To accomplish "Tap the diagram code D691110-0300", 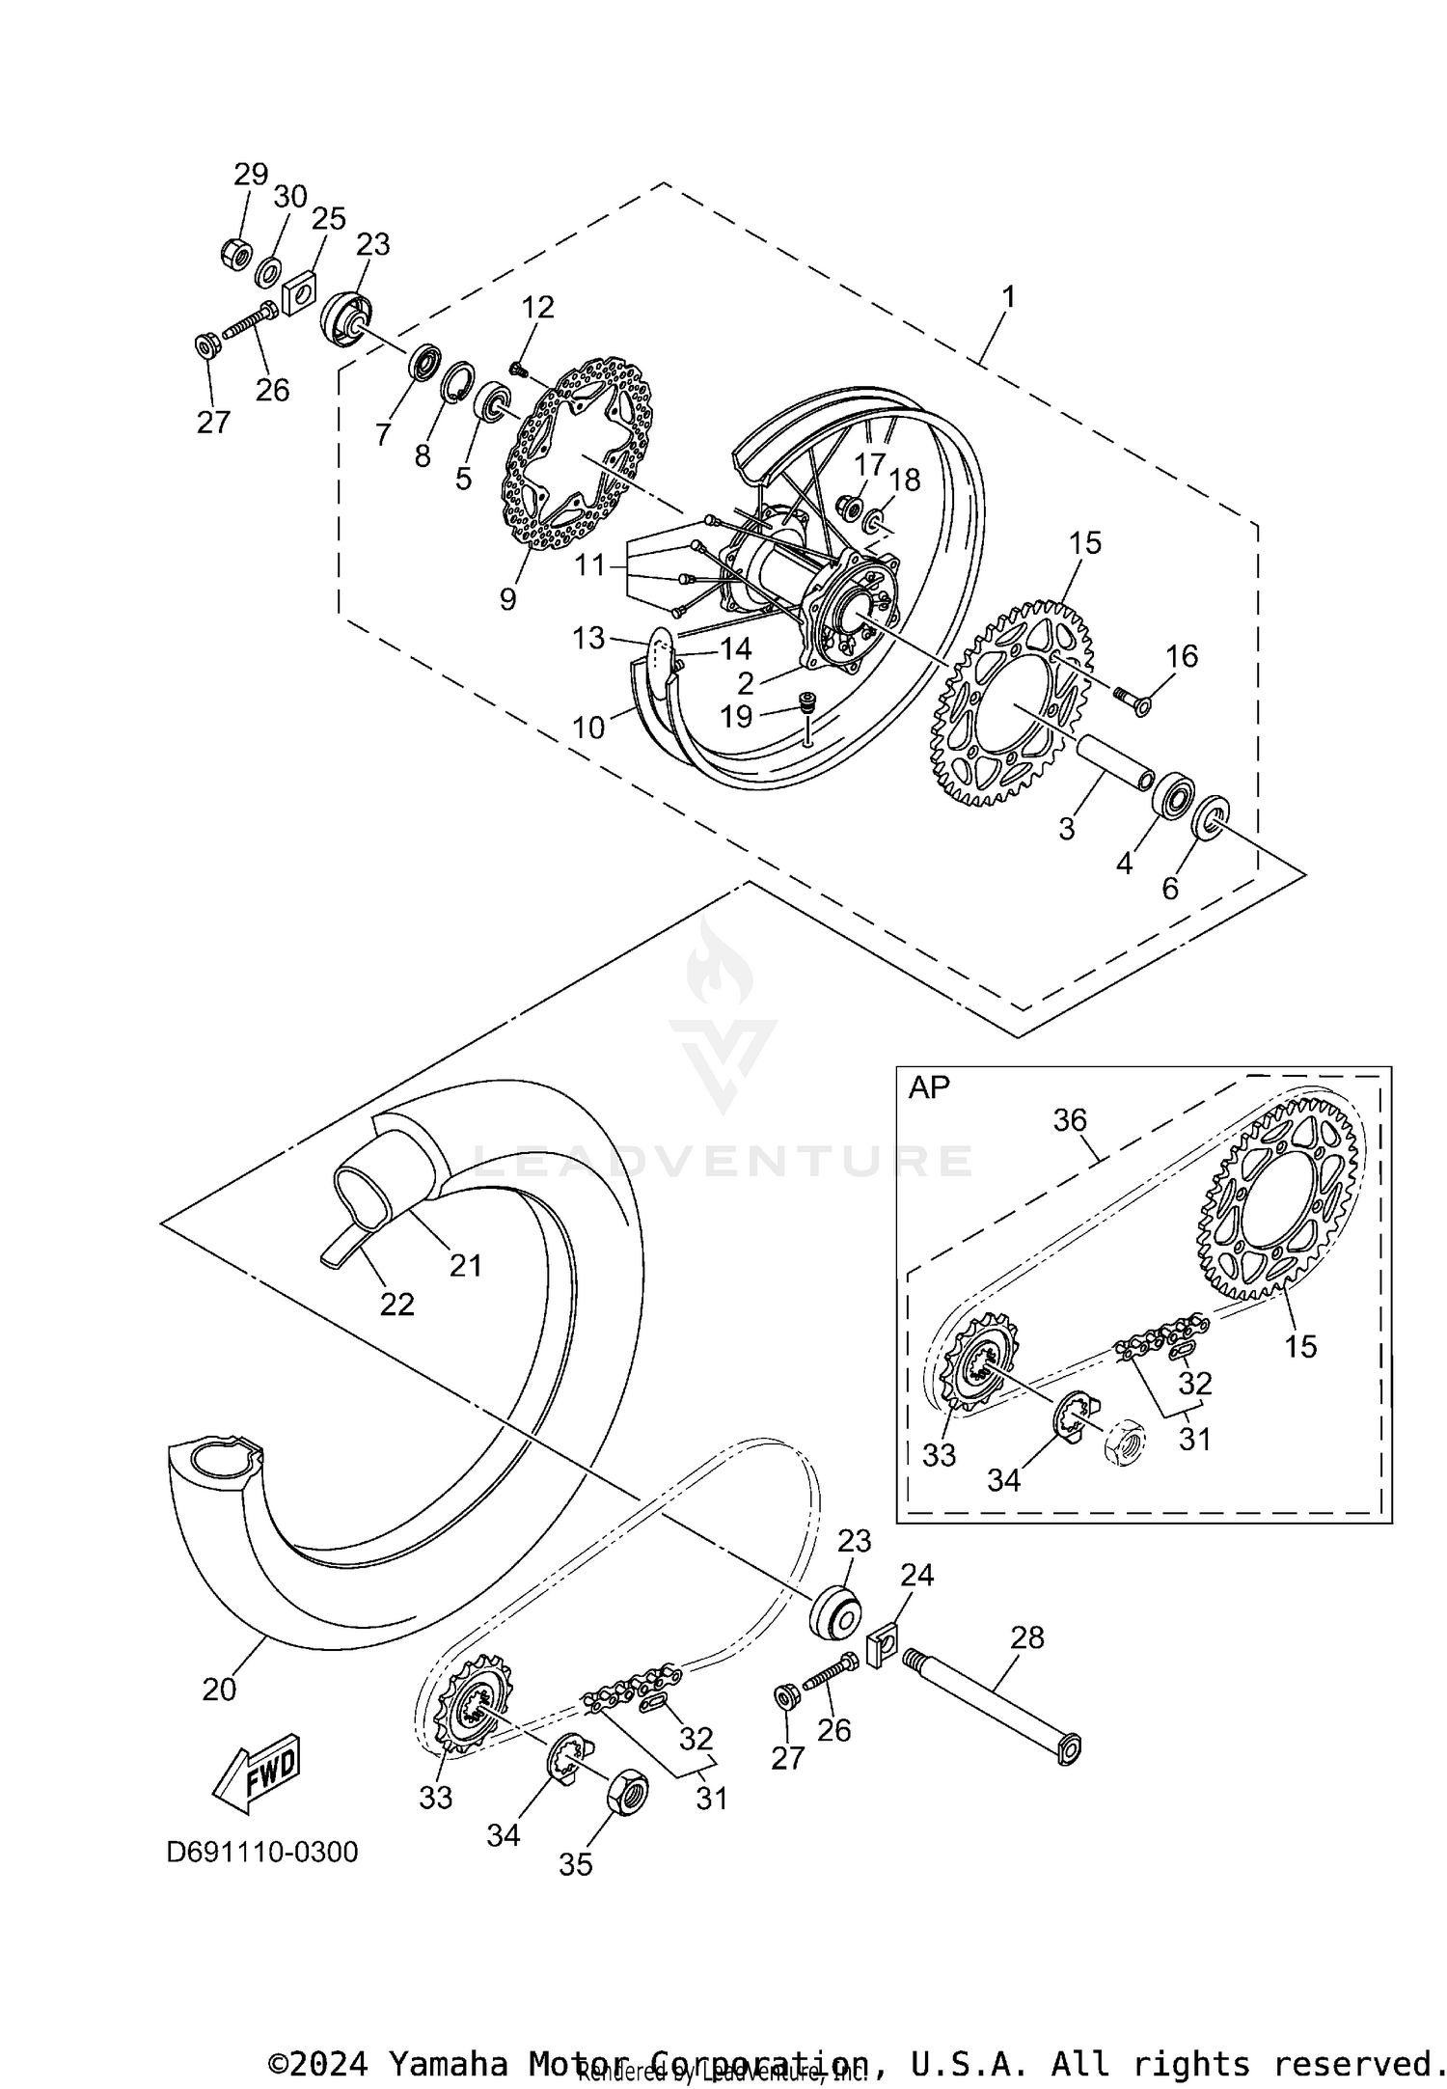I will coord(262,1853).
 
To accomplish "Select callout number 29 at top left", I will coord(251,175).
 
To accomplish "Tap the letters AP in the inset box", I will coord(929,1087).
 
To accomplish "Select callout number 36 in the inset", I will coord(1070,1119).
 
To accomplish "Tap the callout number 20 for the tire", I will coord(219,1689).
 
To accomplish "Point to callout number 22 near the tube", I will coord(396,1305).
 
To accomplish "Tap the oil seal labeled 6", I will coord(1210,818).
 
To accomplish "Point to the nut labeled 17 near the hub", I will coord(850,506).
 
